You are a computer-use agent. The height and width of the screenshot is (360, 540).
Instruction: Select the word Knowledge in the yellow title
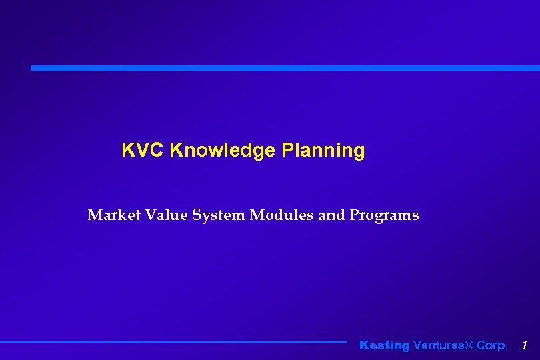[x=223, y=151]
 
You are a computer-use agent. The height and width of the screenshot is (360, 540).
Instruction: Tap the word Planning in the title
[x=323, y=151]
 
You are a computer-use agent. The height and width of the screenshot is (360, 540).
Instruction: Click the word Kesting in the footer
[x=385, y=345]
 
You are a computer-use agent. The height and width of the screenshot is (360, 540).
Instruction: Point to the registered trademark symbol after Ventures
[x=469, y=345]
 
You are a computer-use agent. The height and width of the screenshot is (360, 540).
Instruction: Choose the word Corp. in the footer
[x=492, y=345]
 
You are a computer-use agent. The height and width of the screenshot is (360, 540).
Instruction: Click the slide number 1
[x=525, y=345]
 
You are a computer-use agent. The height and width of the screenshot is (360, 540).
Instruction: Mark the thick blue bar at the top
[x=285, y=68]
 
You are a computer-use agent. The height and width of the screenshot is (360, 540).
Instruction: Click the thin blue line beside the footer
[x=173, y=342]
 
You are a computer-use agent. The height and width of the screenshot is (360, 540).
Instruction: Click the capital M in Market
[x=95, y=215]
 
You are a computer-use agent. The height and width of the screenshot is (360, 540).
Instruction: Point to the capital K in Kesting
[x=364, y=345]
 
